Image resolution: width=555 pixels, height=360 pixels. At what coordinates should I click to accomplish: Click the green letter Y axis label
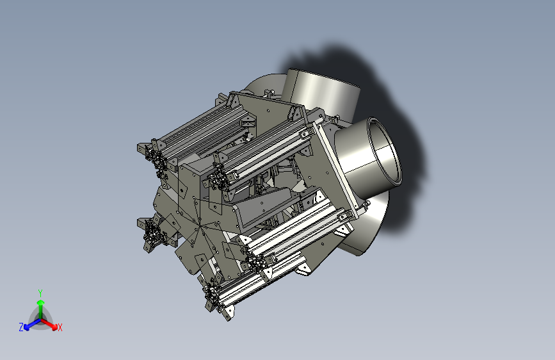40,293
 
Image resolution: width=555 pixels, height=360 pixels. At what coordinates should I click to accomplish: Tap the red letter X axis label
60,327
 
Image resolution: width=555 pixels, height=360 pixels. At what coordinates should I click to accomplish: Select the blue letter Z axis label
21,327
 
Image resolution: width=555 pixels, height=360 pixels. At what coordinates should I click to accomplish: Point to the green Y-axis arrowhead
41,303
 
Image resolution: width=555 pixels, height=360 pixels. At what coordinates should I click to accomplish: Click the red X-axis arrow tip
54,327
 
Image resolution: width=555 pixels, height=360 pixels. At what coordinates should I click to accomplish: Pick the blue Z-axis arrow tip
27,327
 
